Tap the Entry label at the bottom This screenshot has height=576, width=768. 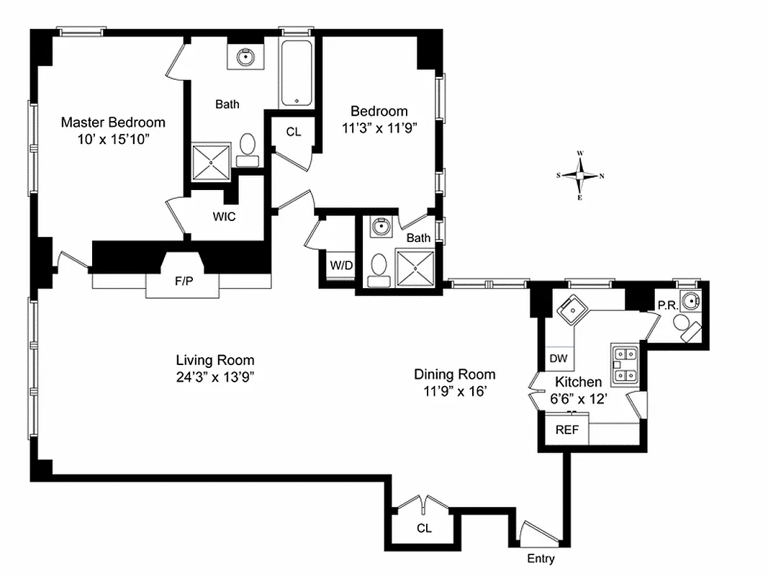(541, 559)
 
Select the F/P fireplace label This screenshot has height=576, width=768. (184, 281)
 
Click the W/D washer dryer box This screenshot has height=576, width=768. (341, 265)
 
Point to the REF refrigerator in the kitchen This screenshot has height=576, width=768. (566, 431)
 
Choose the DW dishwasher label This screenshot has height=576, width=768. (559, 358)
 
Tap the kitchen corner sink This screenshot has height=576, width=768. (574, 310)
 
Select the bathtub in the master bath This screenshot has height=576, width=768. (297, 73)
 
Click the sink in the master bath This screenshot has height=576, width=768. (246, 55)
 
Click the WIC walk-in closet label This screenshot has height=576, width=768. (224, 216)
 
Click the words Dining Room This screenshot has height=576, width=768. (454, 374)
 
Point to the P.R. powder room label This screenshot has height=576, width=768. (665, 305)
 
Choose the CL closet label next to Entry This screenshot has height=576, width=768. (424, 528)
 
